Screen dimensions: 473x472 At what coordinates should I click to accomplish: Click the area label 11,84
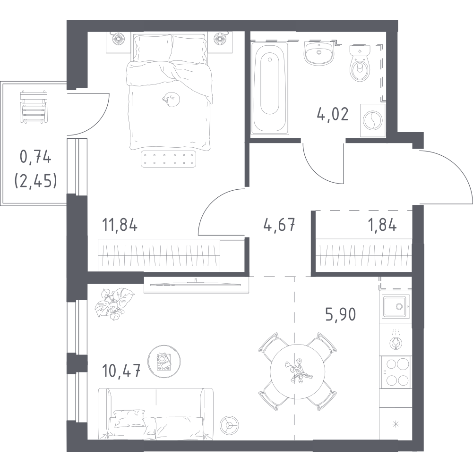pyautogui.click(x=120, y=225)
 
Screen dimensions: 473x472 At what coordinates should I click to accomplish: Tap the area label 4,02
pyautogui.click(x=333, y=114)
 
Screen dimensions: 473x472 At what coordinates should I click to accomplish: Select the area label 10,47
pyautogui.click(x=121, y=371)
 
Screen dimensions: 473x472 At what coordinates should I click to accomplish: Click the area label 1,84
pyautogui.click(x=382, y=225)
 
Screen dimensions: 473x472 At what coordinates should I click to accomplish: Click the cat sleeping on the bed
pyautogui.click(x=171, y=100)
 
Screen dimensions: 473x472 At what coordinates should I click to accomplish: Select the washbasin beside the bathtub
pyautogui.click(x=319, y=53)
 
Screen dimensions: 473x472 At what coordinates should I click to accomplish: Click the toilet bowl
pyautogui.click(x=360, y=63)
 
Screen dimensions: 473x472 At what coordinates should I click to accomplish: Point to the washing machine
pyautogui.click(x=372, y=120)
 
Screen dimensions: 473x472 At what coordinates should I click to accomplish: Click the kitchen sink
pyautogui.click(x=395, y=306)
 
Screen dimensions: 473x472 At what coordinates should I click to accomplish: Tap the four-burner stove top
pyautogui.click(x=395, y=372)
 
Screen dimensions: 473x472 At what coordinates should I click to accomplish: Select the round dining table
pyautogui.click(x=297, y=371)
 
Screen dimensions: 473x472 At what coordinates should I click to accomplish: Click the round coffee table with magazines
pyautogui.click(x=164, y=362)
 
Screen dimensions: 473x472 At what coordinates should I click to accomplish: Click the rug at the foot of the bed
pyautogui.click(x=169, y=159)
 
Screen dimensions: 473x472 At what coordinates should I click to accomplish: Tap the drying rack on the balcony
pyautogui.click(x=34, y=107)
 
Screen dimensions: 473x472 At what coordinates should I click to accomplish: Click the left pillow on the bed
pyautogui.click(x=153, y=48)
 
